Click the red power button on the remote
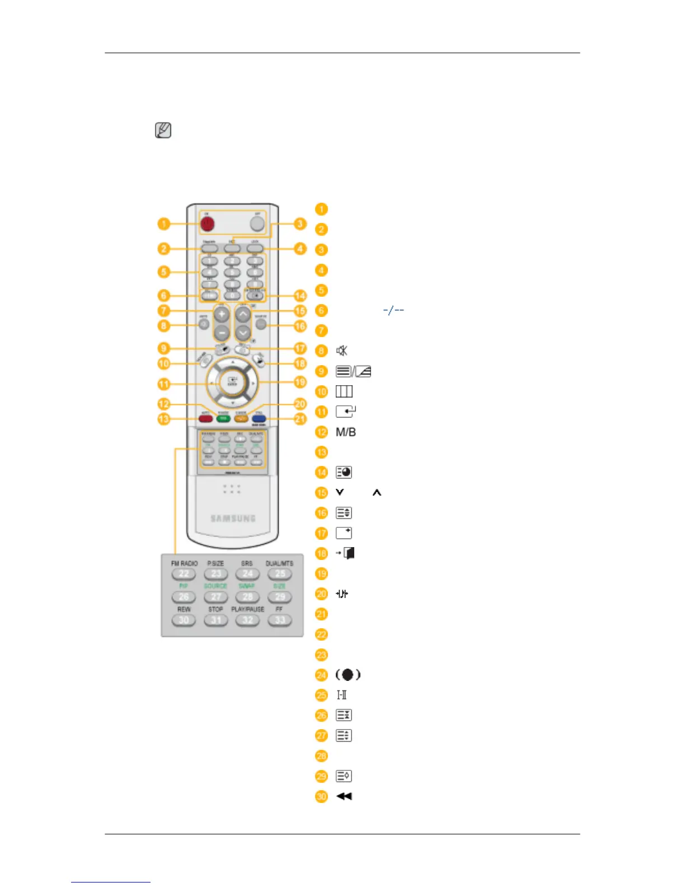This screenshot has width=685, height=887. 207,223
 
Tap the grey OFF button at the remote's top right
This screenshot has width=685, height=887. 256,223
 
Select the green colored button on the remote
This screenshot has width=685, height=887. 223,418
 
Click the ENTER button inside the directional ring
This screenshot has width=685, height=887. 232,382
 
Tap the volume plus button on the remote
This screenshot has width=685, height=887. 222,314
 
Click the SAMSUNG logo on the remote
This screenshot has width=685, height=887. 233,519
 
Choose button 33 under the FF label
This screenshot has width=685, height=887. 280,620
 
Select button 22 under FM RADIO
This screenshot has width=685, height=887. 184,574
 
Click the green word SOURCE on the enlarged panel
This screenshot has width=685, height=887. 215,586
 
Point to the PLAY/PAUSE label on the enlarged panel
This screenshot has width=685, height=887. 247,609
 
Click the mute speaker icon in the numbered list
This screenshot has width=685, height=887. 341,351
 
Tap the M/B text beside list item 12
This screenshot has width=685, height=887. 346,432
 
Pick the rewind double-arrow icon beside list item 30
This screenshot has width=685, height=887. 344,796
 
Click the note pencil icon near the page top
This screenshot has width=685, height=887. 163,130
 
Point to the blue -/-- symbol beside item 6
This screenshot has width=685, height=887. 393,310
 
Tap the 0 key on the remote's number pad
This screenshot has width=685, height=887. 232,296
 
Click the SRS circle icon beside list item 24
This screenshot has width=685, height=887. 348,675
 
